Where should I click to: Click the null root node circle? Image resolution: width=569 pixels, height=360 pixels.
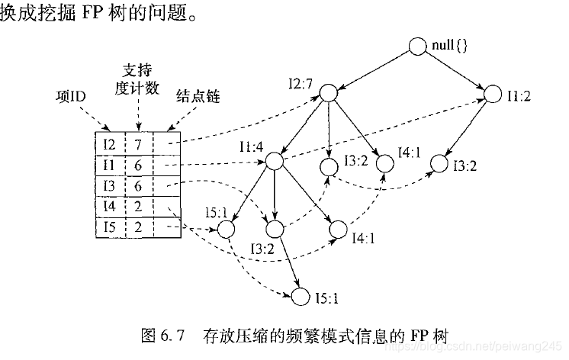[x=417, y=47]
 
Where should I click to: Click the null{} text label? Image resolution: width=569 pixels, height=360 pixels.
[x=448, y=47]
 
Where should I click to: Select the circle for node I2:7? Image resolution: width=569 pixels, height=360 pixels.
[x=328, y=93]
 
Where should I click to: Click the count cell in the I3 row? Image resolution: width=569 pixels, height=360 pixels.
[x=138, y=185]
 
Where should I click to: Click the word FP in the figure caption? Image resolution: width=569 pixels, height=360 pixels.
[x=421, y=335]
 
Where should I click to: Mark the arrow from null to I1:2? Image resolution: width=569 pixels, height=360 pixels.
[x=455, y=70]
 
